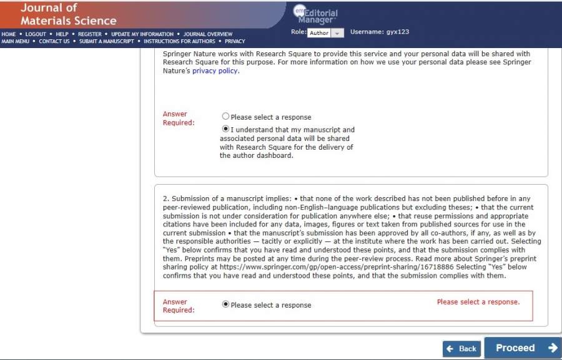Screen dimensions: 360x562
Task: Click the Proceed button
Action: point(523,348)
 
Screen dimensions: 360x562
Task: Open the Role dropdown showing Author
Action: point(325,33)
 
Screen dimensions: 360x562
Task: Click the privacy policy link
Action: point(215,71)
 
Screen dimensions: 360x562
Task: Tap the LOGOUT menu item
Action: point(36,34)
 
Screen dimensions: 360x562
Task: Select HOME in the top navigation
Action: point(9,34)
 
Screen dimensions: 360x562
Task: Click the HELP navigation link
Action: point(62,34)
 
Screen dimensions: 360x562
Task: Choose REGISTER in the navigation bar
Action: point(89,34)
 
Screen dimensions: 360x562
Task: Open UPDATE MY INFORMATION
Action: point(142,34)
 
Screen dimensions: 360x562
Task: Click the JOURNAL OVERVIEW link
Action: point(207,34)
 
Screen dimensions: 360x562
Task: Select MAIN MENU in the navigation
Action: point(16,41)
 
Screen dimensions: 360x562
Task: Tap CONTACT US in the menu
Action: point(54,41)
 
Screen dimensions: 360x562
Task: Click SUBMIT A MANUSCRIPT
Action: point(106,41)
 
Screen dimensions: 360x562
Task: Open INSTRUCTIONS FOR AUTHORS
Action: point(179,41)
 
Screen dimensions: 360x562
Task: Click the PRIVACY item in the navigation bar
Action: point(235,41)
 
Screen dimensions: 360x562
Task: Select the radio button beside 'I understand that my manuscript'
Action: point(225,129)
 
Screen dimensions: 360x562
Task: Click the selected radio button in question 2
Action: point(225,304)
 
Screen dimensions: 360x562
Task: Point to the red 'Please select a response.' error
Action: point(478,302)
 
